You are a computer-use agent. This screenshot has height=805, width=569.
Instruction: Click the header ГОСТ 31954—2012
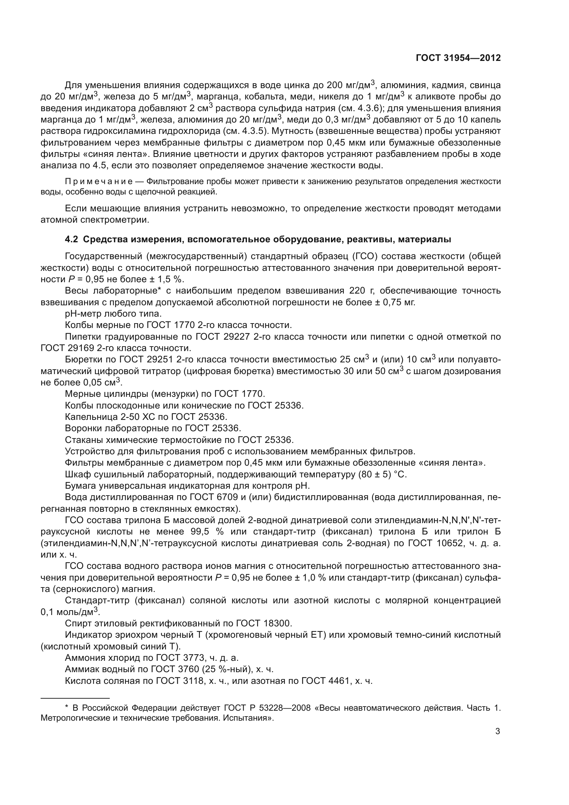(x=458, y=58)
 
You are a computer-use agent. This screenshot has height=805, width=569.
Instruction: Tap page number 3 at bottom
(x=497, y=731)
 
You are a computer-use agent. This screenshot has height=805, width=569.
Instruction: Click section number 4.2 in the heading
(x=71, y=240)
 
